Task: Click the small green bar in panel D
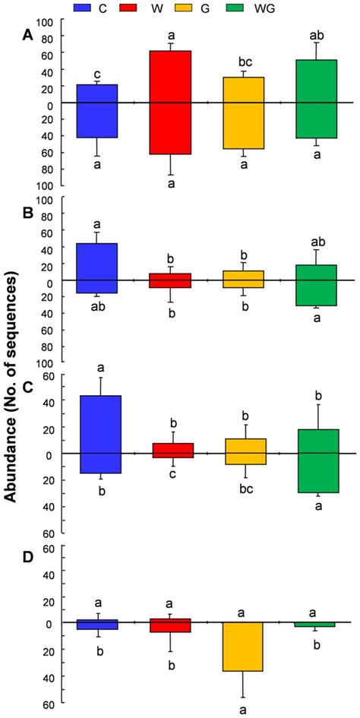coord(316,625)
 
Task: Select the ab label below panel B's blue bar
coord(97,307)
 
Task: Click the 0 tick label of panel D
coord(47,623)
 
